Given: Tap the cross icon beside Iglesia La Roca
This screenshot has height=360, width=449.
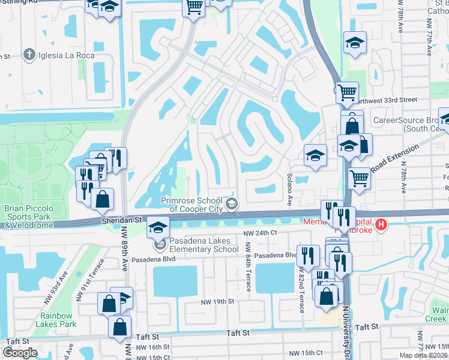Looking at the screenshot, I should pos(28,55).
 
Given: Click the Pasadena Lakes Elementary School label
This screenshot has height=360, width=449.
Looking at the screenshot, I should pos(196,245).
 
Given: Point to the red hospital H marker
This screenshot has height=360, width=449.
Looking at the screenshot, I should pos(379,226).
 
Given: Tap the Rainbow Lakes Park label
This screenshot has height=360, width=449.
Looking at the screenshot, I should pos(58,320).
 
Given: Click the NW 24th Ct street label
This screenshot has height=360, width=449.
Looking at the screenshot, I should pos(260,233).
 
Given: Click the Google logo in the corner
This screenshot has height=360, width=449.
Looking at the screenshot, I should pos(20,353).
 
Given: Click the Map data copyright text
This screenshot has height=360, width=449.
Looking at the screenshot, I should pos(424,355).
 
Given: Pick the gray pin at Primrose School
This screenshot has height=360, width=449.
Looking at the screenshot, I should pos(231,205).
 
